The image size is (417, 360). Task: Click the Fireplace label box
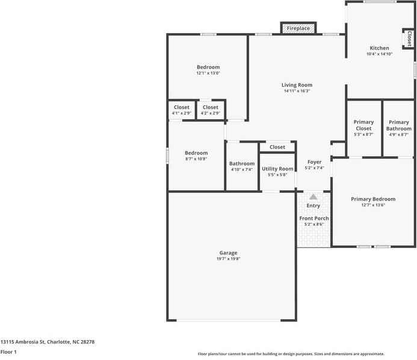coord(298,28)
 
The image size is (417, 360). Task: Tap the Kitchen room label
coord(379,48)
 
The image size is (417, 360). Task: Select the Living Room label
coord(297,85)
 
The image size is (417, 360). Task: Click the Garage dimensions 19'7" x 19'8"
coord(228,259)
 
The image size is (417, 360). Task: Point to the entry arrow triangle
coord(314,197)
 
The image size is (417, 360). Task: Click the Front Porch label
coord(314,218)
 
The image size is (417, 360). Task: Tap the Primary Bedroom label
coord(373,199)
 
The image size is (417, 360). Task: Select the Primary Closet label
coord(363,125)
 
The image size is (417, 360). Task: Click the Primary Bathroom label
coord(398,125)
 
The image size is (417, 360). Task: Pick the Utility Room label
coord(277,169)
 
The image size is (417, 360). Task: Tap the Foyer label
coord(314,162)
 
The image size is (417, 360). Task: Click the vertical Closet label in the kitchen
coord(409,39)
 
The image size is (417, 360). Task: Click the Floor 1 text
coord(8,352)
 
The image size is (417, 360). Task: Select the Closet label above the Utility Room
coord(277,147)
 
